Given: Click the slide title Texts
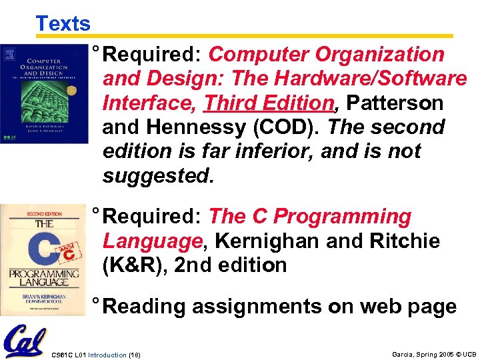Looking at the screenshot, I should point(63,24).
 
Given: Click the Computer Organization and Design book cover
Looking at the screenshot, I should point(44,94).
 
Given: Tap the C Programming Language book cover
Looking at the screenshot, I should point(43,260).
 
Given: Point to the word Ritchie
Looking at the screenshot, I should point(404,241).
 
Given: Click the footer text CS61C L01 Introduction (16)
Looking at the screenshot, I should point(96,353).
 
